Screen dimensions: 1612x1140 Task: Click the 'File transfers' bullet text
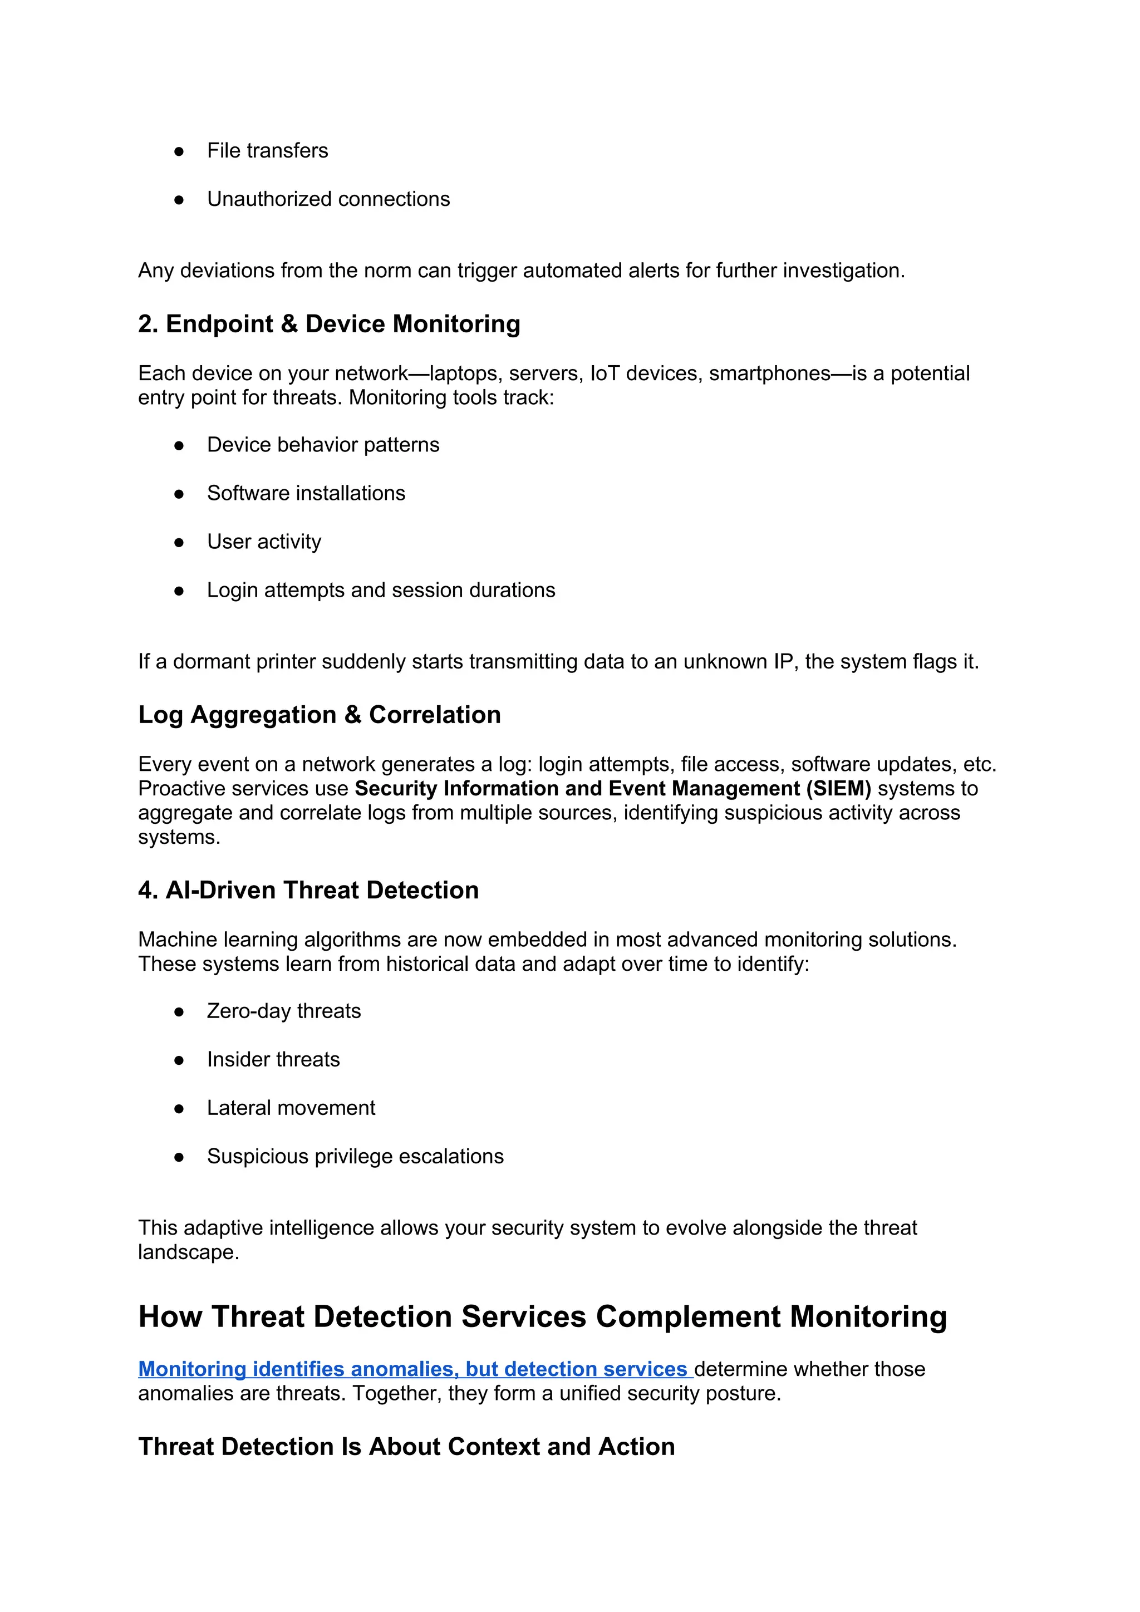click(x=267, y=150)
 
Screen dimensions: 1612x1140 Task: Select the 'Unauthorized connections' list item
click(x=328, y=199)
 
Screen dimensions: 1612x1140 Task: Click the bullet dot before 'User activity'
click(x=179, y=542)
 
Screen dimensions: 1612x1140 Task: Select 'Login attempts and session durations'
click(x=381, y=590)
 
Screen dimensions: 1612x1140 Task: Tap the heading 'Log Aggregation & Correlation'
click(x=320, y=715)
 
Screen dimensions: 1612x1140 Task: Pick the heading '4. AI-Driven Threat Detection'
click(x=308, y=890)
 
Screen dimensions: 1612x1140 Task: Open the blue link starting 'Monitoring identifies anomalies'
click(x=414, y=1369)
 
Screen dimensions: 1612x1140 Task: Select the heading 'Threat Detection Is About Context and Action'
click(x=406, y=1447)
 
